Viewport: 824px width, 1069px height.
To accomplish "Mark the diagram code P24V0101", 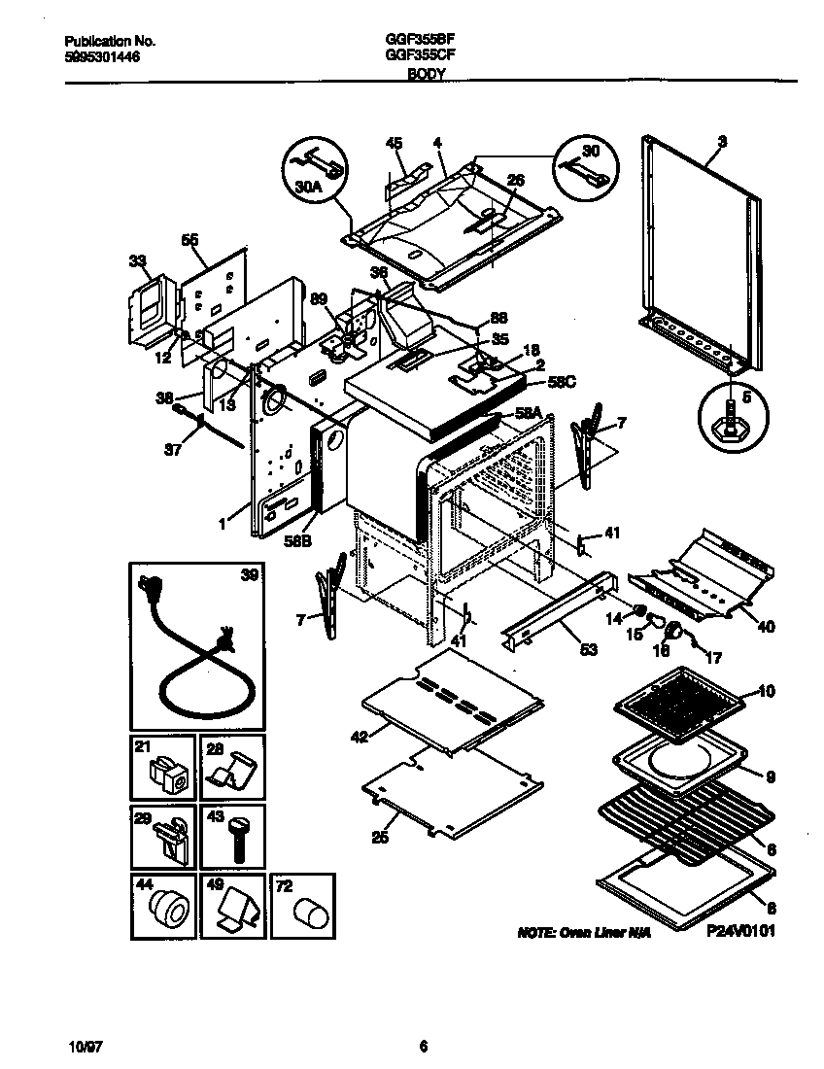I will [741, 931].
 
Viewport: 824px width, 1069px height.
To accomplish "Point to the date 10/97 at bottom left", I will [86, 1047].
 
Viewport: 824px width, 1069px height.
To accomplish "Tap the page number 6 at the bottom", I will [423, 1047].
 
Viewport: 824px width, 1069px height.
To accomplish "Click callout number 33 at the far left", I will [137, 260].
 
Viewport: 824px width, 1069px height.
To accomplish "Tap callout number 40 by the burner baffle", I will [766, 627].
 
